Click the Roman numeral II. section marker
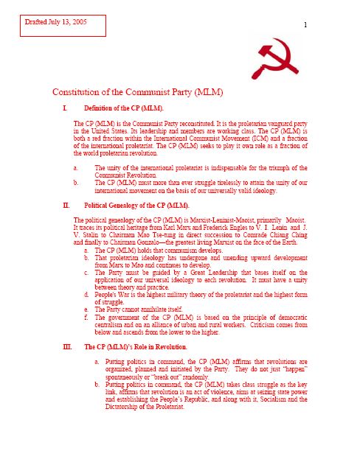66,204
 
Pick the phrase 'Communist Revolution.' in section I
131,172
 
